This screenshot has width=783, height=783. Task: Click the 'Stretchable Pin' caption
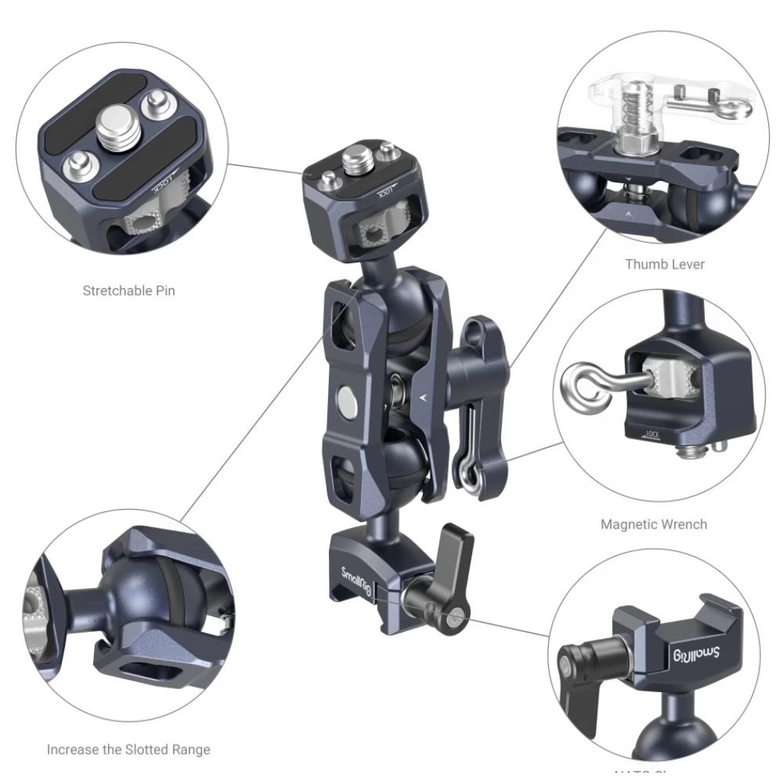129,290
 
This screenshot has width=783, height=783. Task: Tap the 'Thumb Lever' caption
664,264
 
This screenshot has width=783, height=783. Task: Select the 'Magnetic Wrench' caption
653,524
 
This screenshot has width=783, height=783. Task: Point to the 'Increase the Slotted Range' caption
128,749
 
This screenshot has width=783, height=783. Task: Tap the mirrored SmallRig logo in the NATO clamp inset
705,655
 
